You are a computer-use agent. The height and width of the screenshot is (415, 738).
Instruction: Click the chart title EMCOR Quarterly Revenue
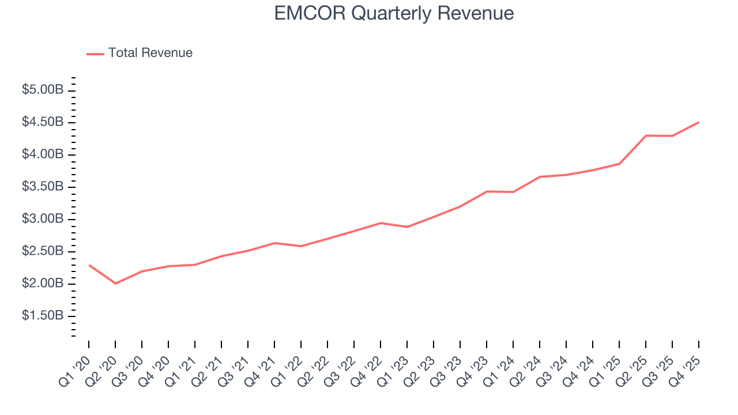click(394, 13)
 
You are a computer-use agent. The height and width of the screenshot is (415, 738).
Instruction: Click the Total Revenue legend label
click(150, 53)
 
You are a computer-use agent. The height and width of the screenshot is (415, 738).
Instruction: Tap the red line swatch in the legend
click(95, 54)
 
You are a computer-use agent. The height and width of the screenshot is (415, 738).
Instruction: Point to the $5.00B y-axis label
click(42, 90)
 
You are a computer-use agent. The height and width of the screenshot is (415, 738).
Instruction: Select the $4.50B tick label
click(42, 123)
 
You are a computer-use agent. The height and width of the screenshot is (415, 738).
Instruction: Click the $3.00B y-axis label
click(42, 220)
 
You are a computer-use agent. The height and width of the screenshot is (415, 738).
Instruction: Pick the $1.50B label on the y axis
click(42, 316)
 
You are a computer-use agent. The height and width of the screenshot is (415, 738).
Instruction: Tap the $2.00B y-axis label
click(42, 284)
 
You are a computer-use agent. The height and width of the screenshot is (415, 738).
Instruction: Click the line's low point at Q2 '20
click(115, 283)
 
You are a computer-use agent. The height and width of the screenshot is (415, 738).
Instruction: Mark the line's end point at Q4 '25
click(699, 122)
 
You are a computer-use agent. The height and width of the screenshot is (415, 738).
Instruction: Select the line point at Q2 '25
click(646, 135)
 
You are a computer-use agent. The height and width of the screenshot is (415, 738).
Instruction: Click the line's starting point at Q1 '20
click(89, 265)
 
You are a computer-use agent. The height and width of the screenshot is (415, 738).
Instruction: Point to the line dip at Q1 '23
click(407, 227)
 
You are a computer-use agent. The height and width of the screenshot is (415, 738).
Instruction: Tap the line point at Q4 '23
click(487, 191)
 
